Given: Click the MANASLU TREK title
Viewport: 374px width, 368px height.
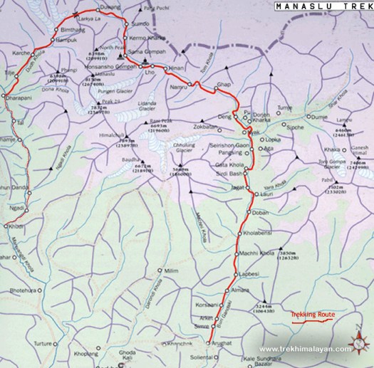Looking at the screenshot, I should (x=323, y=7).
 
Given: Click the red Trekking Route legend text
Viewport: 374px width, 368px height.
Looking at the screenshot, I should (x=311, y=314).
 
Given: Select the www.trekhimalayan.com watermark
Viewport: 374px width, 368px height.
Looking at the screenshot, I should (x=304, y=349).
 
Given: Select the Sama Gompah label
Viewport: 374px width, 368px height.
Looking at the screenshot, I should (x=146, y=53).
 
